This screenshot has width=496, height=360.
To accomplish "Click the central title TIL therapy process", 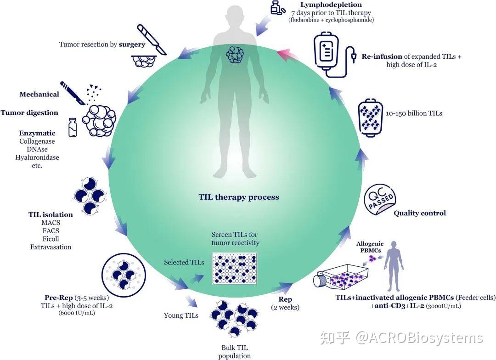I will [x=239, y=197].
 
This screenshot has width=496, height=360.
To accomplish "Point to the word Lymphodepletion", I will [x=325, y=5].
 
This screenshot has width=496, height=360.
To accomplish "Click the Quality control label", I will [x=420, y=213].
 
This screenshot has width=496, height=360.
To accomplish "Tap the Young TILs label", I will [x=181, y=315].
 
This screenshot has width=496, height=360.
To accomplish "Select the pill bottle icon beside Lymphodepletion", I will [x=277, y=8].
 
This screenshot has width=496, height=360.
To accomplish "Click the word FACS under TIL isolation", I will [x=50, y=231].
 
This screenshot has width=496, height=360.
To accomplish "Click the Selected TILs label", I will [x=184, y=262].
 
